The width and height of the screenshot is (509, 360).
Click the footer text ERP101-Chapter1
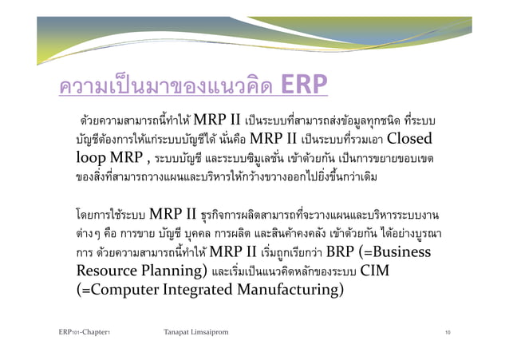click(x=84, y=330)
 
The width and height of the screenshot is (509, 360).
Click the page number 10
click(x=451, y=330)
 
